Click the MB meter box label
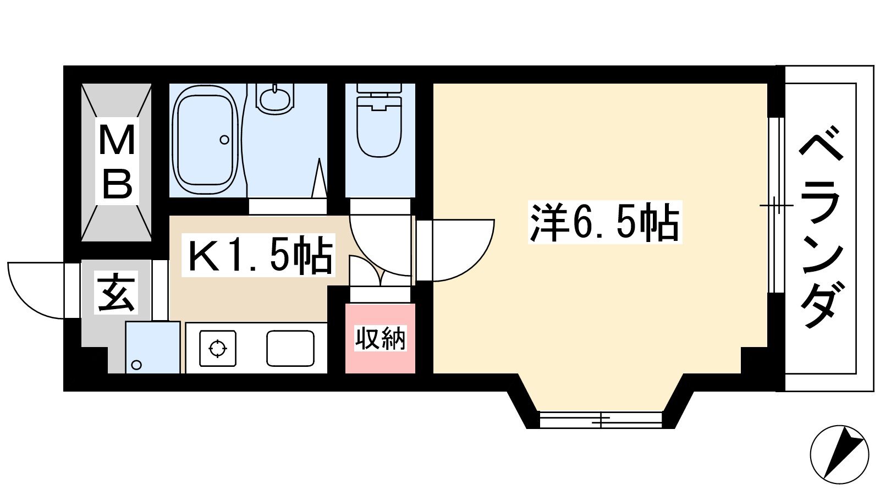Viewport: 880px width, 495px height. point(117,161)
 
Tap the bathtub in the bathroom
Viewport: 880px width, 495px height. point(206,140)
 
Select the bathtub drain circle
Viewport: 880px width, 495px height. point(224,140)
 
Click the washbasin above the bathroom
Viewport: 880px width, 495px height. point(275,97)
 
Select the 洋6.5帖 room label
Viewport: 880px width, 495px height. point(604,222)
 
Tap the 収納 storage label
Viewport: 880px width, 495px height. point(380,338)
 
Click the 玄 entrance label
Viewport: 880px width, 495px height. point(116,292)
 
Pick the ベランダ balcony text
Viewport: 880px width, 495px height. point(822,232)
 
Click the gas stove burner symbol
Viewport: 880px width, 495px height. point(218,348)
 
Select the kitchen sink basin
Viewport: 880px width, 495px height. point(290,349)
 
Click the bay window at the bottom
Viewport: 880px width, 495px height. point(601,420)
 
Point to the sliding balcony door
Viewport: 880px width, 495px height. point(776,205)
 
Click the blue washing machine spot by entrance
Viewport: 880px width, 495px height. point(153,347)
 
